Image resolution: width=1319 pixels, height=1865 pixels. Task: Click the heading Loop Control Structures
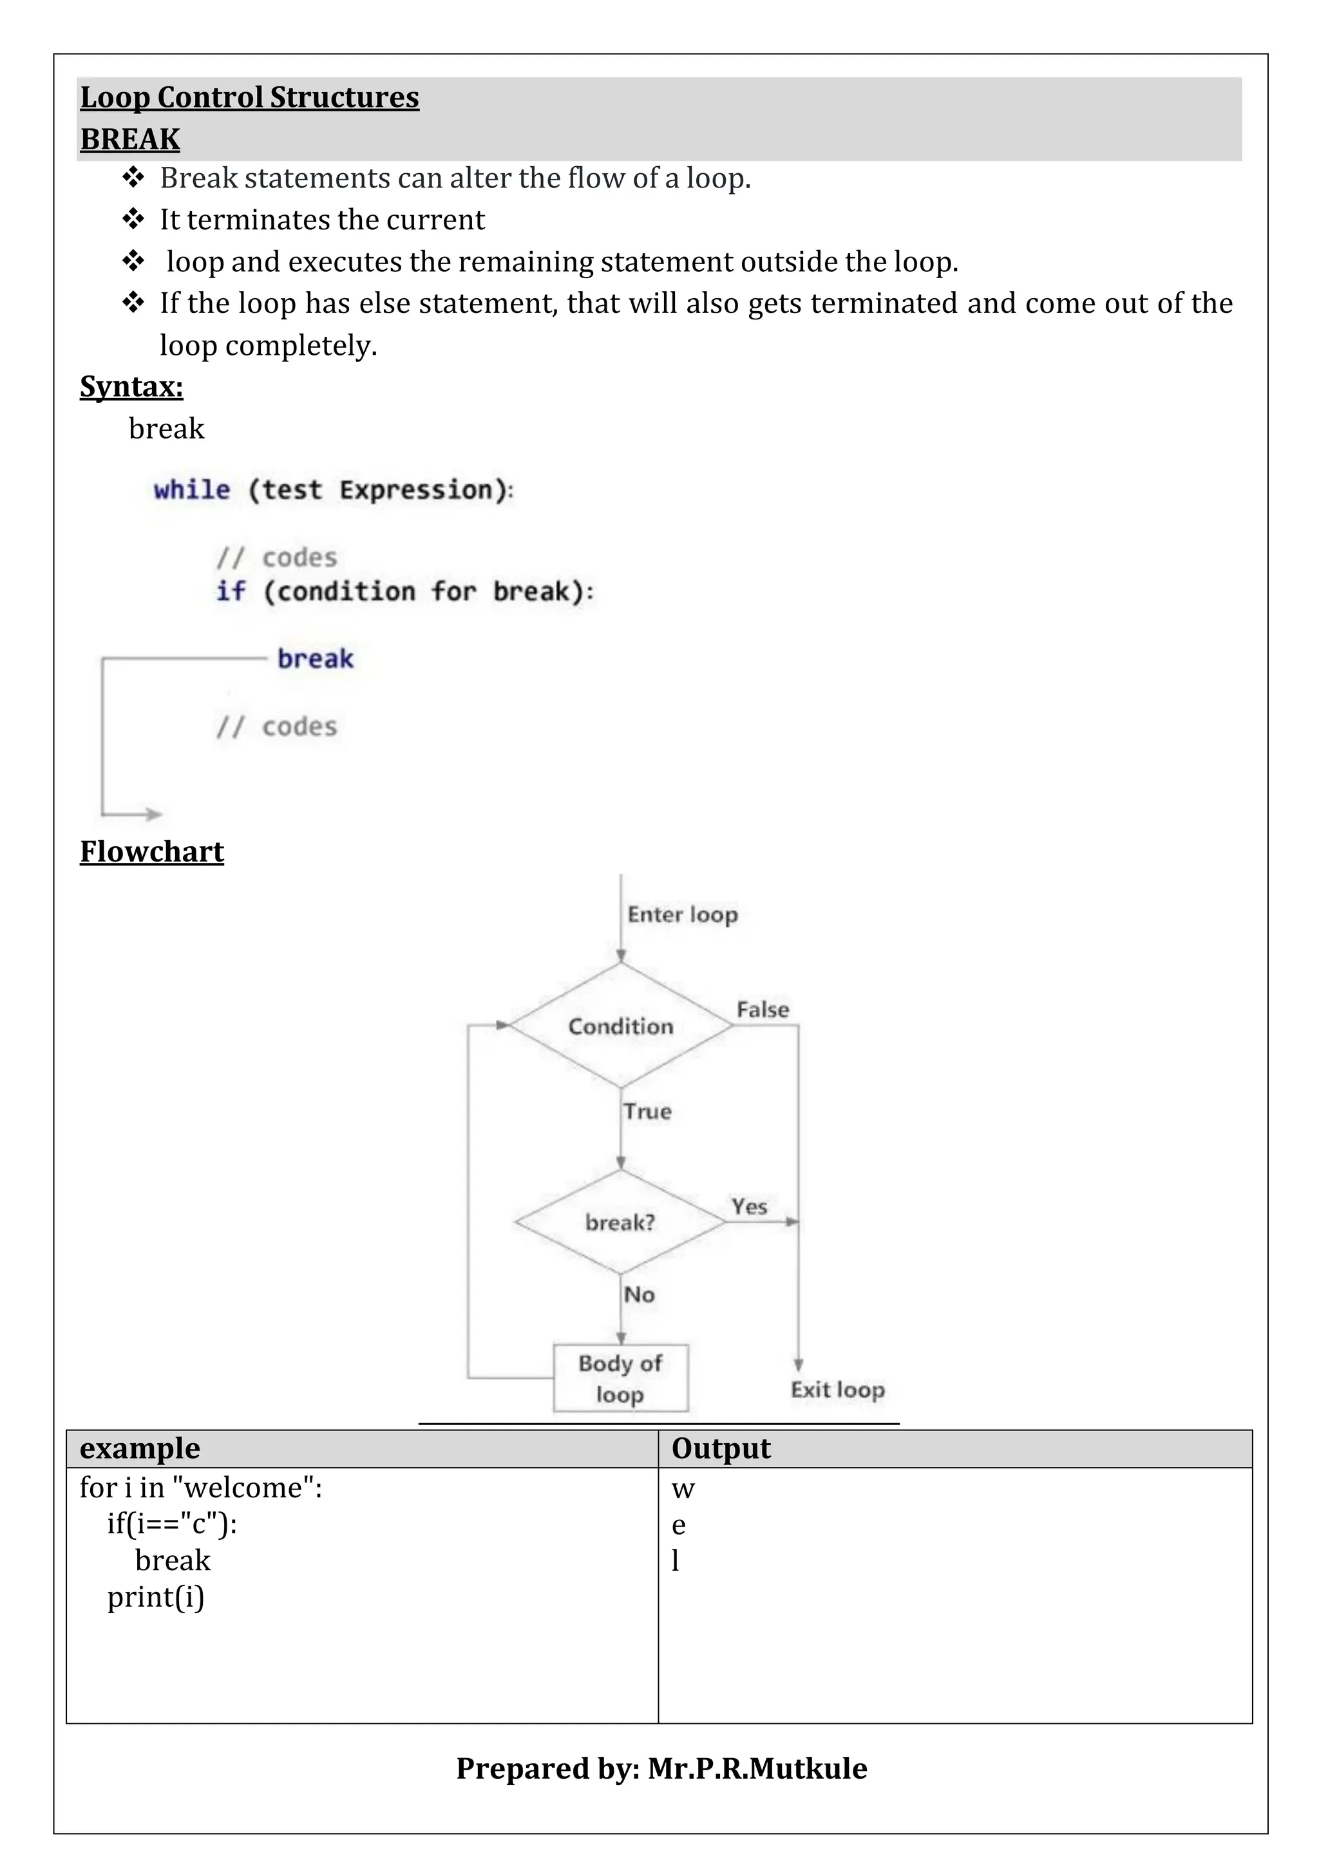[249, 97]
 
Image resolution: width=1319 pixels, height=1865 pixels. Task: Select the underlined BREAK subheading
[130, 139]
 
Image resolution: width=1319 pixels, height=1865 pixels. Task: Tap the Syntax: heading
[131, 386]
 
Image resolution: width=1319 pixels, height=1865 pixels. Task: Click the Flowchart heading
[152, 851]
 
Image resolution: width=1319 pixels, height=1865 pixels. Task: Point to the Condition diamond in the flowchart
[620, 1026]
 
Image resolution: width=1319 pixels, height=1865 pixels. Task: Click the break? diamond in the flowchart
[620, 1222]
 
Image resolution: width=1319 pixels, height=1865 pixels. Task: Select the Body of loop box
[620, 1378]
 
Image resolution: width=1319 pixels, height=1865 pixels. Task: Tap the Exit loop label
[837, 1390]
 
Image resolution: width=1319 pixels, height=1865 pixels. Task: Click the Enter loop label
[682, 914]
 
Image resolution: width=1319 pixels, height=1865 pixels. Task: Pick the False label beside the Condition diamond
[763, 1010]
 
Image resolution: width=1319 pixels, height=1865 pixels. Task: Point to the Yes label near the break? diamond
[749, 1206]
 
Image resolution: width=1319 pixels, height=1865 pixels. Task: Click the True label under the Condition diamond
[647, 1111]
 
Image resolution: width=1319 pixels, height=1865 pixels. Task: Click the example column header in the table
[140, 1448]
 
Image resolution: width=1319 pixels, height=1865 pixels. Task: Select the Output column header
[721, 1448]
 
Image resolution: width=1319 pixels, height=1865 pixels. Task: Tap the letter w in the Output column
[683, 1489]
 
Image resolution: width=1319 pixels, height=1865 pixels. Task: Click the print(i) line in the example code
[156, 1597]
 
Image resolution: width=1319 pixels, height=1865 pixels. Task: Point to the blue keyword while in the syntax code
[193, 490]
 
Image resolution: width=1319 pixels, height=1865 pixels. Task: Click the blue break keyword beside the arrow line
[316, 658]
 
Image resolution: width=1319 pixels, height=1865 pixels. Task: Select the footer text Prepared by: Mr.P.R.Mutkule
[661, 1768]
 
